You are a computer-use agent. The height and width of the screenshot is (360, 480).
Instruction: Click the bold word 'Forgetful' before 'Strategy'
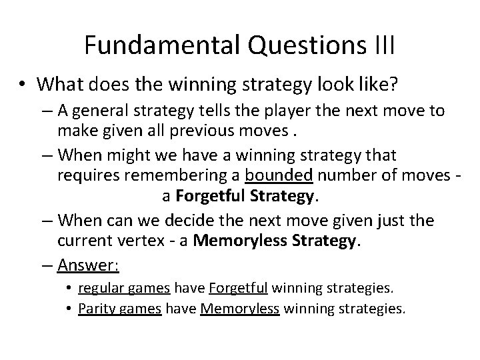(199, 197)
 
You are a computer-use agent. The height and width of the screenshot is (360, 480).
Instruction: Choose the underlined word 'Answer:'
(89, 265)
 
